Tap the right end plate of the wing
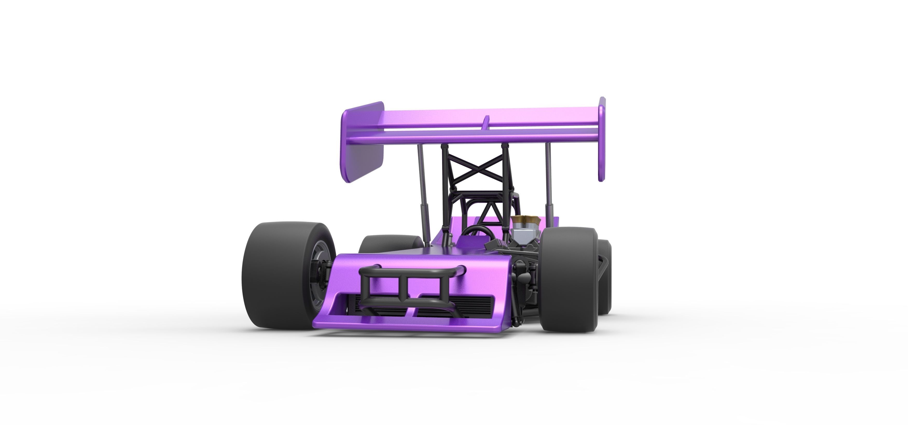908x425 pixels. (602, 139)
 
